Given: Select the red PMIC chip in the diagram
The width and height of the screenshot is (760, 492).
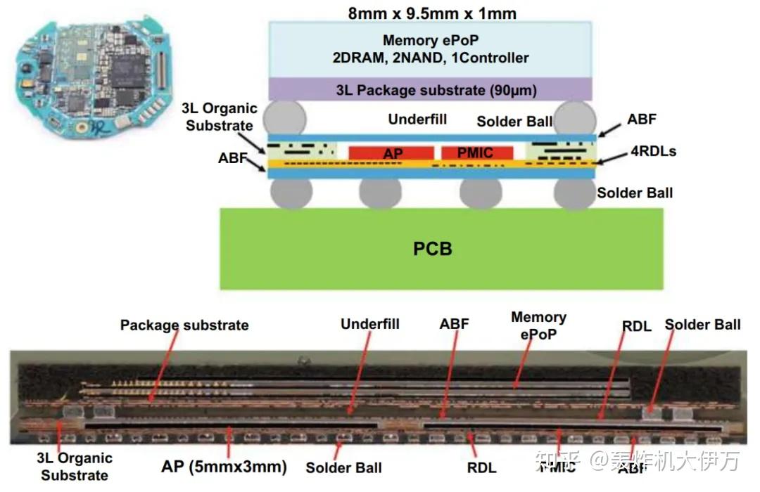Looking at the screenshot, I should (477, 153).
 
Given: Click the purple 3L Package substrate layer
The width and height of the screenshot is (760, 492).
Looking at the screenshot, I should (433, 89).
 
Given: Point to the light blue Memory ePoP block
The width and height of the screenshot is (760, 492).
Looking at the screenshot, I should (433, 48).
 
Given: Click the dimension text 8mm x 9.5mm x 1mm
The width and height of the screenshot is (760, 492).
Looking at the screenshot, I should (432, 13).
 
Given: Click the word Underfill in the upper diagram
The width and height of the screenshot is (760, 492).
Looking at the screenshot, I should (417, 119).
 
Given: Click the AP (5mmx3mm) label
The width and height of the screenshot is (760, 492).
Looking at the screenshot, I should (224, 466).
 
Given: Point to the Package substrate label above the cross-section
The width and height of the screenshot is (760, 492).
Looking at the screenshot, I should (184, 325).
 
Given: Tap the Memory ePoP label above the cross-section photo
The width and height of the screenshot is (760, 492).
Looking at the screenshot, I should (538, 325).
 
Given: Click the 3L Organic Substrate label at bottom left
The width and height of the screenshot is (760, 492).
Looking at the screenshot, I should (75, 466).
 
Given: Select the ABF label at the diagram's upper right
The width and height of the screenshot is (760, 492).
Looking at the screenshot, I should (641, 119).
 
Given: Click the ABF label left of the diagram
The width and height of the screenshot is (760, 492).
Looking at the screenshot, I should (233, 159).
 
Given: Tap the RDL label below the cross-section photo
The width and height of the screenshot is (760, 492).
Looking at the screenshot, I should (481, 467).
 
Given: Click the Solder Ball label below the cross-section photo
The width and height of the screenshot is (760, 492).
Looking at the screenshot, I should (343, 467).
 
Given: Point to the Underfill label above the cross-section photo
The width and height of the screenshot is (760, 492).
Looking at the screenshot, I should (370, 323).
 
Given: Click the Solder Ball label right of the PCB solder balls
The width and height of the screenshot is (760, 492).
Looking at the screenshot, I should (635, 192).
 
